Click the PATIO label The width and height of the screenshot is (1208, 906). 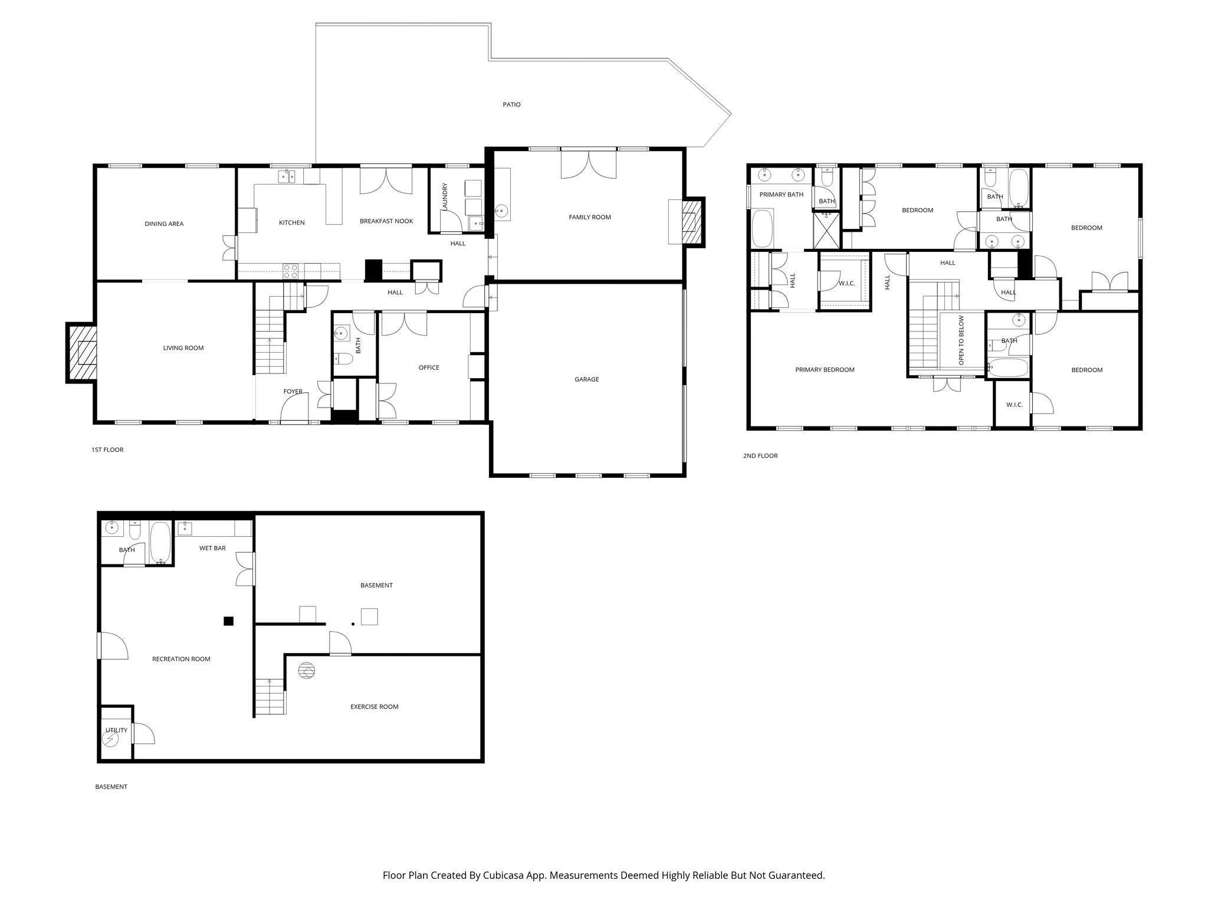[x=511, y=104]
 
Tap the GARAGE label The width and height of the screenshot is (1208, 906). [x=586, y=379]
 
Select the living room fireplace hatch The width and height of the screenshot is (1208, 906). [x=80, y=353]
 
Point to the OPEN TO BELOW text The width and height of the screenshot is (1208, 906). [x=961, y=340]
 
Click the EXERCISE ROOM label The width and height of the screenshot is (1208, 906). [x=374, y=707]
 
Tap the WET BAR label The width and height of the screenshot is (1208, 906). [x=212, y=548]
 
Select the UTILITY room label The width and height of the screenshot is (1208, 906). [x=116, y=730]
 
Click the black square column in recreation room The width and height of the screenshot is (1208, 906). [x=228, y=621]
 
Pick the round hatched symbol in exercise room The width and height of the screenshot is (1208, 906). [x=307, y=671]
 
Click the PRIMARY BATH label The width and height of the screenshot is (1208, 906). [x=781, y=195]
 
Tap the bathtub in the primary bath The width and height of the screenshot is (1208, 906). [x=764, y=230]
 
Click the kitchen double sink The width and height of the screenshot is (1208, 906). [x=287, y=176]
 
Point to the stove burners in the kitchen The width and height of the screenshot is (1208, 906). [x=290, y=271]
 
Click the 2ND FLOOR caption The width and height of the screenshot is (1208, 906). [x=760, y=455]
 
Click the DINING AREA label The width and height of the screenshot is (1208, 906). [x=164, y=224]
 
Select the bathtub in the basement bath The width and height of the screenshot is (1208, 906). [x=160, y=542]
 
